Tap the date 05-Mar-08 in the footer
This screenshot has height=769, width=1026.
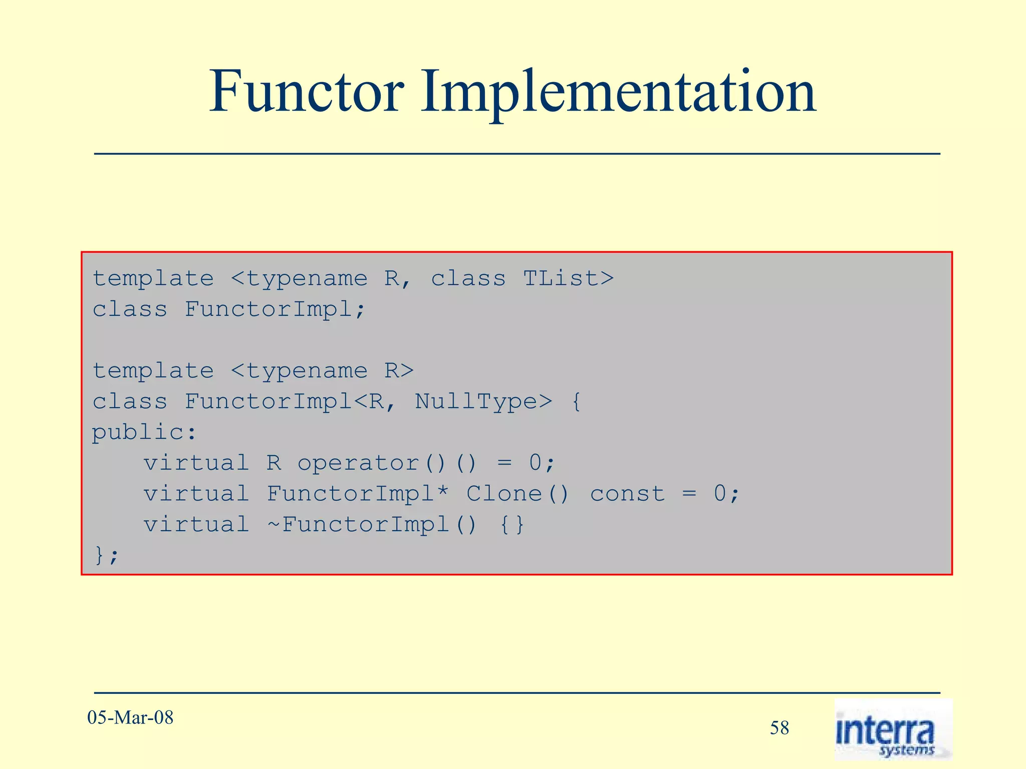130,717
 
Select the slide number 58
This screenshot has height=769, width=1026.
780,728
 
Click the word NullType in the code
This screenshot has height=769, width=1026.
476,402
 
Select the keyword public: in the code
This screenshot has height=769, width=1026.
144,433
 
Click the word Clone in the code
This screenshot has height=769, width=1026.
504,494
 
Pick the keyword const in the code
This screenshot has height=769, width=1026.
627,494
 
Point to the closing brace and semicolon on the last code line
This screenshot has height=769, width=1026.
106,555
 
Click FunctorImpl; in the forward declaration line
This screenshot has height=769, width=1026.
275,309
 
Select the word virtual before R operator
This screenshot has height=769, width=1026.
196,463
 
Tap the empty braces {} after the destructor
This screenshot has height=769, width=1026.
512,525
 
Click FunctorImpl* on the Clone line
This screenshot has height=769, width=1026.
358,494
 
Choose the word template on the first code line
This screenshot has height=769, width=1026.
153,278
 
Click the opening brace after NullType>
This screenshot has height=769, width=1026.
576,402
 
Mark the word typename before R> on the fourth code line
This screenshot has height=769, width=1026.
307,371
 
